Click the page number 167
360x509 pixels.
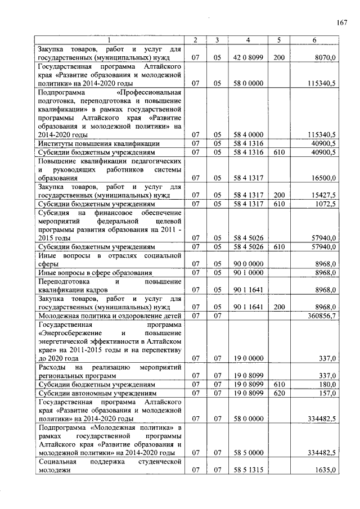coord(342,22)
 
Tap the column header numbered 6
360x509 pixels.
coord(314,40)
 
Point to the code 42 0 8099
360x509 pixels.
coord(248,57)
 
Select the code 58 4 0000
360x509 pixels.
coord(248,134)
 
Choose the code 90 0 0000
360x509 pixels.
coord(248,263)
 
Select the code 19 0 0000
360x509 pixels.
coord(248,358)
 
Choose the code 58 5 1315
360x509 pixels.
coord(248,470)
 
